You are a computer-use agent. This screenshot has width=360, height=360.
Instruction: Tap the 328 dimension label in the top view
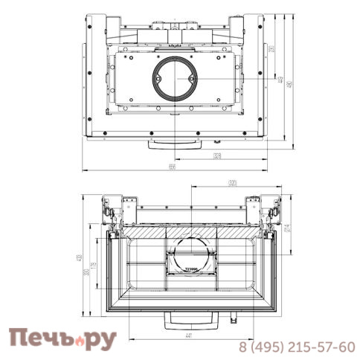217,155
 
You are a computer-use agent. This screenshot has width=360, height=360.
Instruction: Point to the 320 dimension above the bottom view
233,183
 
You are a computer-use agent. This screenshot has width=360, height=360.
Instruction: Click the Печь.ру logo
62,339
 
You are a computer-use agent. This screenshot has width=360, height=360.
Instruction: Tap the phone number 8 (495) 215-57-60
296,347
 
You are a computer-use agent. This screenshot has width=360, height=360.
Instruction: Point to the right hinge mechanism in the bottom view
269,210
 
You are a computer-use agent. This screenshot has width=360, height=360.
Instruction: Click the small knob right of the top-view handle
216,141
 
